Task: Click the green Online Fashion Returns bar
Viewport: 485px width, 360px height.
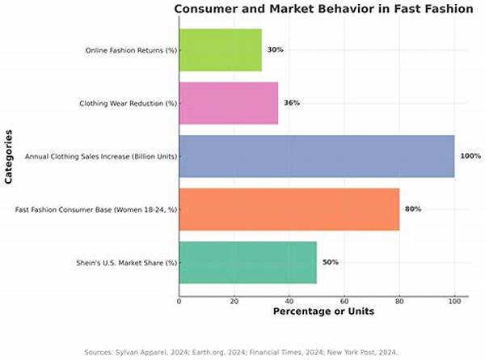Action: (x=220, y=50)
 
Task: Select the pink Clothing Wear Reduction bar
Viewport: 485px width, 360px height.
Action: (x=228, y=103)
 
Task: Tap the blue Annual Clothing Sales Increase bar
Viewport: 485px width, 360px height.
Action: (x=316, y=155)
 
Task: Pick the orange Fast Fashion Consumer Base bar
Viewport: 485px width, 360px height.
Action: (x=289, y=209)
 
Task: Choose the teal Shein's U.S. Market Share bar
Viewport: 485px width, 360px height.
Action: (x=247, y=262)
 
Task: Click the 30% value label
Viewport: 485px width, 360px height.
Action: (x=275, y=50)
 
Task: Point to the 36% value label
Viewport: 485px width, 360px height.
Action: (x=291, y=103)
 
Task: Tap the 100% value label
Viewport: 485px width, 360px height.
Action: (x=470, y=155)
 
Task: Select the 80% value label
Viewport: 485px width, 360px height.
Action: (x=412, y=209)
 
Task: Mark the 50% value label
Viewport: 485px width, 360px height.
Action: (x=330, y=262)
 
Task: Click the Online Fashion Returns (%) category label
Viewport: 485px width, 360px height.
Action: (x=131, y=50)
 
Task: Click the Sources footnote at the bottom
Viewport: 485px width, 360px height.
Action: (x=242, y=351)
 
